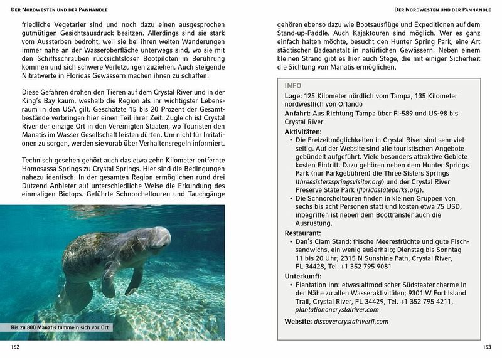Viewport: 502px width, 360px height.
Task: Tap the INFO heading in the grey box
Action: click(292, 85)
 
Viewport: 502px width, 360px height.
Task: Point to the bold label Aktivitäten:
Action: click(303, 132)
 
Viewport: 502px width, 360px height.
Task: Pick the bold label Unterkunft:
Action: click(304, 276)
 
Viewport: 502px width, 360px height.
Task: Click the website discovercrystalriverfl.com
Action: click(351, 321)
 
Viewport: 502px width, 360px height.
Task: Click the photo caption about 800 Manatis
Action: click(51, 327)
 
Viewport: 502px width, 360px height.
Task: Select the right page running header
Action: click(442, 9)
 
